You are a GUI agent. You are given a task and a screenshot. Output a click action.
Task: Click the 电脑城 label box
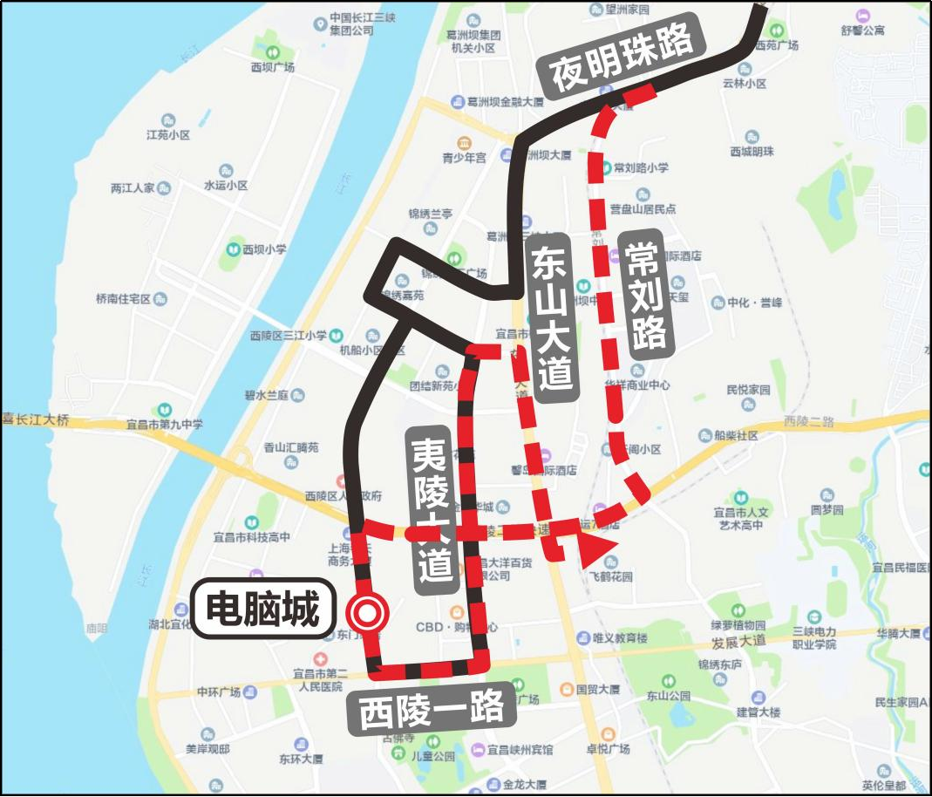click(x=262, y=609)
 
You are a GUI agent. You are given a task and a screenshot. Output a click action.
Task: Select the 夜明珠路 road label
click(x=622, y=58)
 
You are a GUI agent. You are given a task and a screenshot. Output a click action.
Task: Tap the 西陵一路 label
click(x=431, y=710)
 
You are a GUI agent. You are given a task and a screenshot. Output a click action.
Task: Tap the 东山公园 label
click(x=669, y=696)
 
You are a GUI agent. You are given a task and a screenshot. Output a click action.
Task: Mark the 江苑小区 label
click(x=168, y=135)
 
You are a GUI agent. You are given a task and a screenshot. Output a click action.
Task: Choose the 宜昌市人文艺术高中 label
click(x=738, y=519)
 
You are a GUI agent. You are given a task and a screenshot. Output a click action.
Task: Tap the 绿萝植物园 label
click(x=738, y=625)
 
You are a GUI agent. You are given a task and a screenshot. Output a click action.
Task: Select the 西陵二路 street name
click(x=809, y=421)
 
